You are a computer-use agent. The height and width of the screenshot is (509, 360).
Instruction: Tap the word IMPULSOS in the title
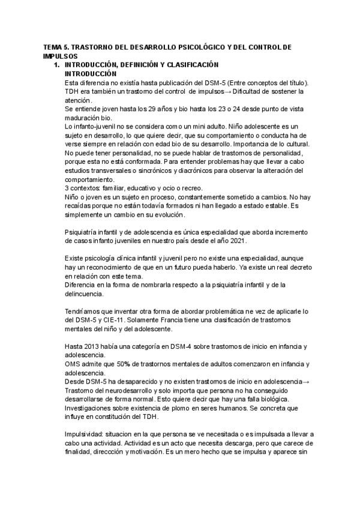pos(60,55)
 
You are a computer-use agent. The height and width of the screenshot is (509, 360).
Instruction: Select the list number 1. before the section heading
pos(58,64)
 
